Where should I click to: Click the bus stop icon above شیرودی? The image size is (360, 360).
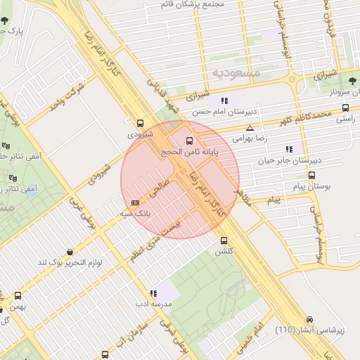click(140, 122)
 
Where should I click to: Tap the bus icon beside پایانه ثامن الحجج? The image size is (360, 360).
click(188, 141)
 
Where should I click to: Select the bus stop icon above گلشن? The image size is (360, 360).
click(224, 240)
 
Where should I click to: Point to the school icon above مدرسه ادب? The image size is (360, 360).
click(153, 293)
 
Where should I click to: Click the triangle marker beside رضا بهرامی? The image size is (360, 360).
click(250, 128)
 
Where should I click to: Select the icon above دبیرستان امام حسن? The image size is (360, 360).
click(224, 101)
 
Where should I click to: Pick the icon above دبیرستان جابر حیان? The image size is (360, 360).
click(288, 149)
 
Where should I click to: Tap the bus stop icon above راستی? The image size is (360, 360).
click(345, 108)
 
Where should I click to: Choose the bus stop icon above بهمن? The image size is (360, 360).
click(18, 296)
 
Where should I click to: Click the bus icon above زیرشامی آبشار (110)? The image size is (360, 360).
click(309, 319)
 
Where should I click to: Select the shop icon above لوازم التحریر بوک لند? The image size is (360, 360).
click(70, 251)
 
